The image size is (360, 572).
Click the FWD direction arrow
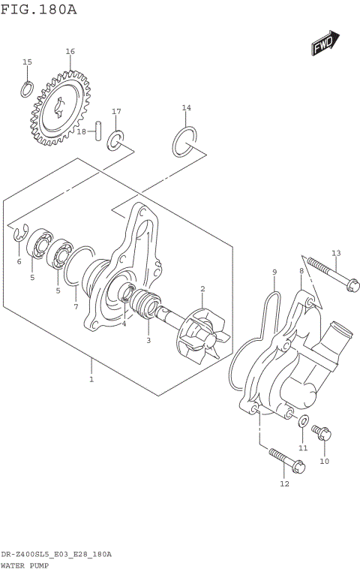[326, 44]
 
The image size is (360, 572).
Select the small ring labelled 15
[26, 89]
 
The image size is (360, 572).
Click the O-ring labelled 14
[186, 142]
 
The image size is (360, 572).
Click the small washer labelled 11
[304, 421]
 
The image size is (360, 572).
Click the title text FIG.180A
[38, 9]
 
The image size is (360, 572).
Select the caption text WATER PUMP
[25, 564]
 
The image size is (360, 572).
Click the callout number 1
[91, 380]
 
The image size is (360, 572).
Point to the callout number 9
[274, 272]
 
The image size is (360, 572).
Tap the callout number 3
[148, 340]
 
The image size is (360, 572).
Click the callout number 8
[301, 271]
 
